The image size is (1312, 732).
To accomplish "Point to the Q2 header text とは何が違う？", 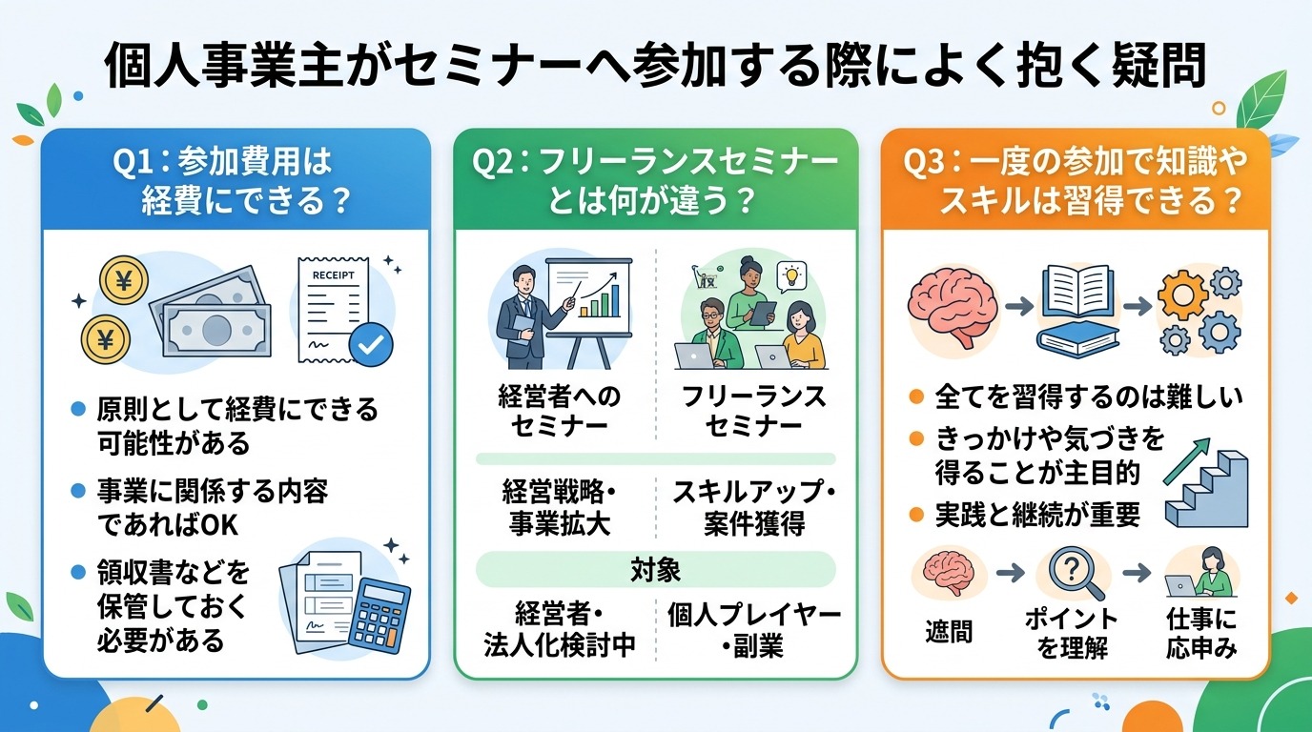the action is pos(656,201).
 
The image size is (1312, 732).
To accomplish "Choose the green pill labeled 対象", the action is pos(656,570).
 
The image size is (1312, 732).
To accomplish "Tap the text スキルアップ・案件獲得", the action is pos(753,507).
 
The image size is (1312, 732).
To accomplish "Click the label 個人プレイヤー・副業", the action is pos(753,630).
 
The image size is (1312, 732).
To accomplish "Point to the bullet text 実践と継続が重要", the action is pos(1037,516).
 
